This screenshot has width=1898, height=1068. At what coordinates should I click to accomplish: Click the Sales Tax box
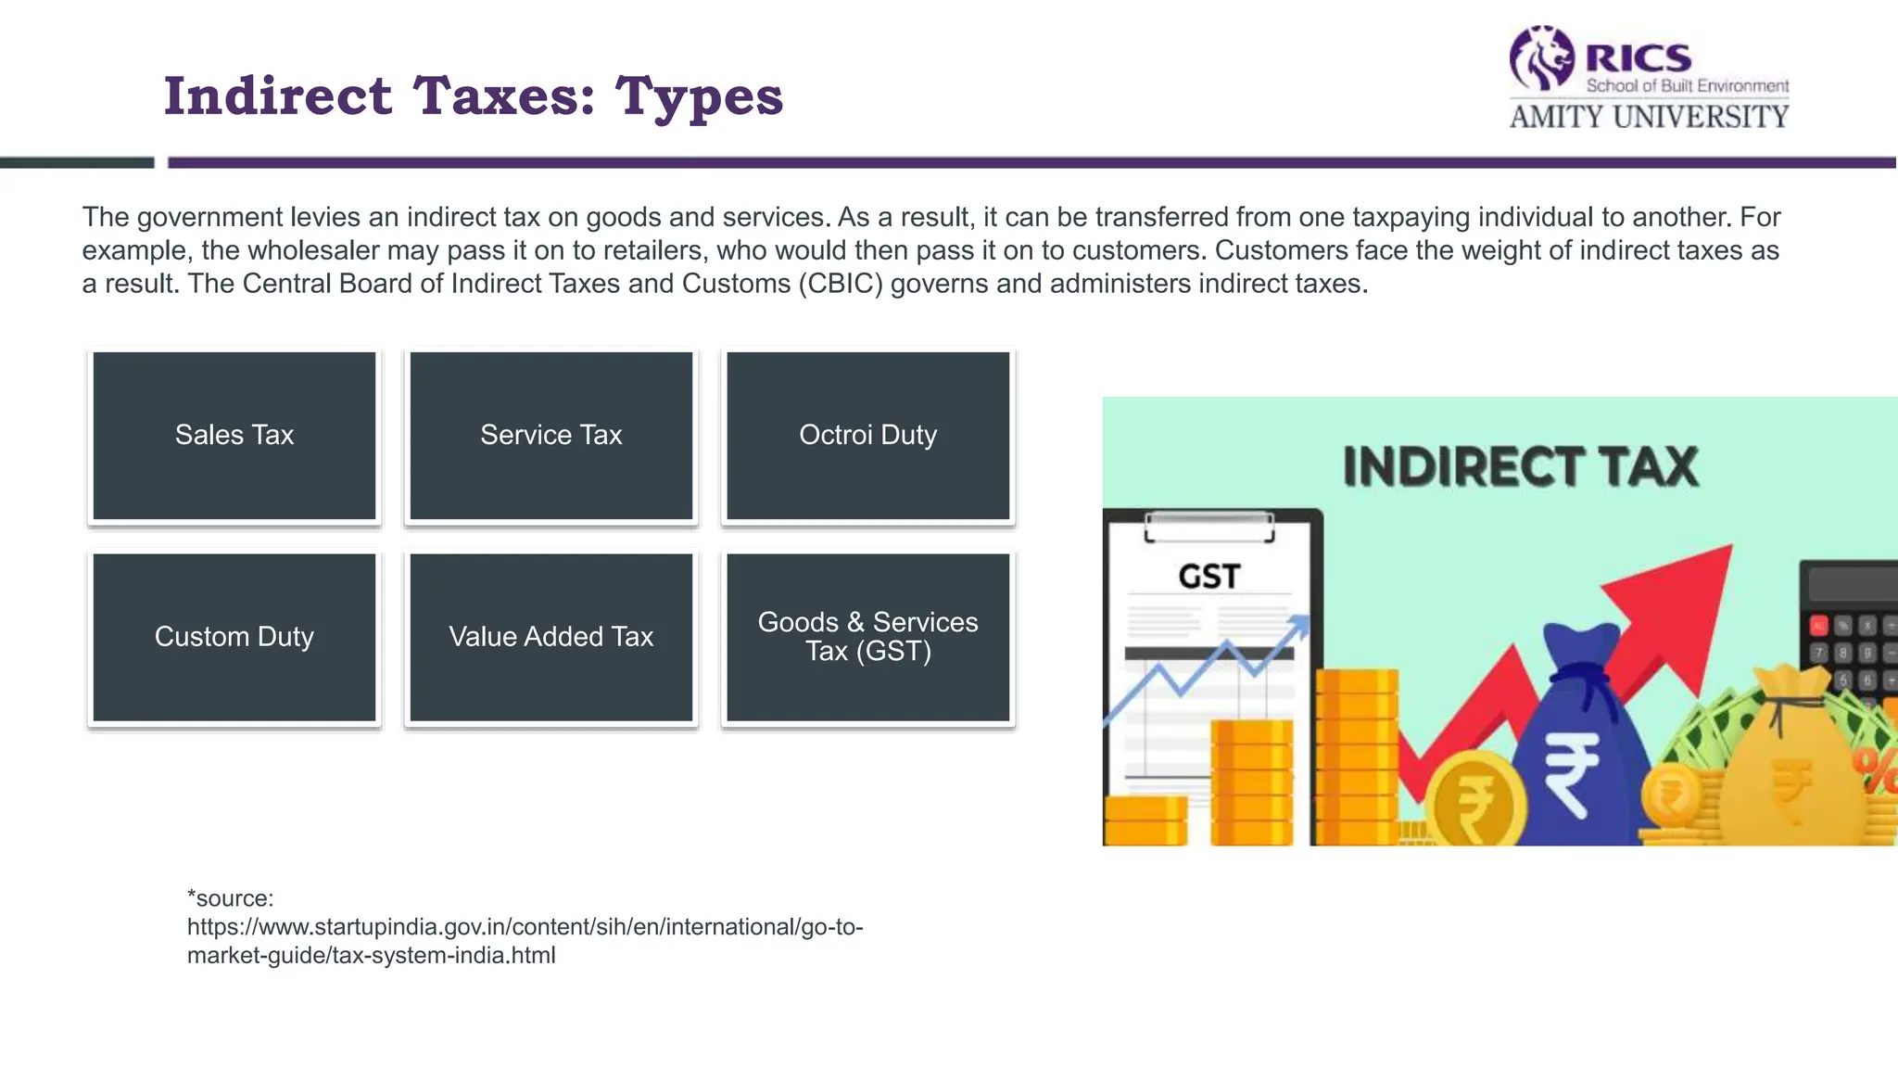[x=234, y=436]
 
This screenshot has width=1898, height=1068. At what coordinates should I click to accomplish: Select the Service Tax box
[x=551, y=436]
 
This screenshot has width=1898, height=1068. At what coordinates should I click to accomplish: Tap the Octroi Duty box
[x=867, y=436]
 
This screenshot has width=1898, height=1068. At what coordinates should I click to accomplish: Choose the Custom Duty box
[x=234, y=637]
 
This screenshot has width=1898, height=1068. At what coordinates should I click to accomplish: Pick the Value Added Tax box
[x=551, y=637]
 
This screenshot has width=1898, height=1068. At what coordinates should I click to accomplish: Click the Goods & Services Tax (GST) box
[x=867, y=637]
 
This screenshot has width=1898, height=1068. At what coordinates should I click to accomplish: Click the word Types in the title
[x=699, y=97]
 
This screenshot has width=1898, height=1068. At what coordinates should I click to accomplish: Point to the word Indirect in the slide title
[x=278, y=95]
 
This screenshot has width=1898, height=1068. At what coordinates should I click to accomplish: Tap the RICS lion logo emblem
[x=1541, y=57]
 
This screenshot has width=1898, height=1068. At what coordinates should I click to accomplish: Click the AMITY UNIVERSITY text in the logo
[x=1649, y=117]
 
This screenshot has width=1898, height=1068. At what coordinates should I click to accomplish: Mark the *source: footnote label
[x=231, y=898]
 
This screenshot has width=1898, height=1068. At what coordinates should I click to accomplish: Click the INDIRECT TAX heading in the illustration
[x=1520, y=467]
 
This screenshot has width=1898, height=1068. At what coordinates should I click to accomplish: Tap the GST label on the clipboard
[x=1208, y=577]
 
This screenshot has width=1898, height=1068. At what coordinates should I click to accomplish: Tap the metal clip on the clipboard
[x=1208, y=527]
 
